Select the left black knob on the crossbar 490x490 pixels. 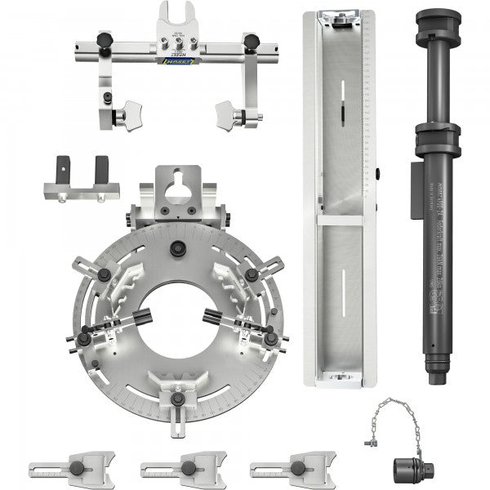(105, 41)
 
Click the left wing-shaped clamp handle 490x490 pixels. (127, 115)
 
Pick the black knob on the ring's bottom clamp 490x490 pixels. (177, 399)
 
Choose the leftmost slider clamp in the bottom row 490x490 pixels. (71, 469)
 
